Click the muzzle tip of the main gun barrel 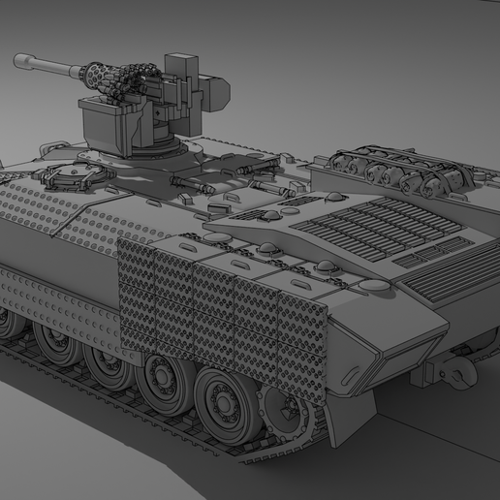coord(18,61)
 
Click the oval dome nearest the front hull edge coord(373,287)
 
